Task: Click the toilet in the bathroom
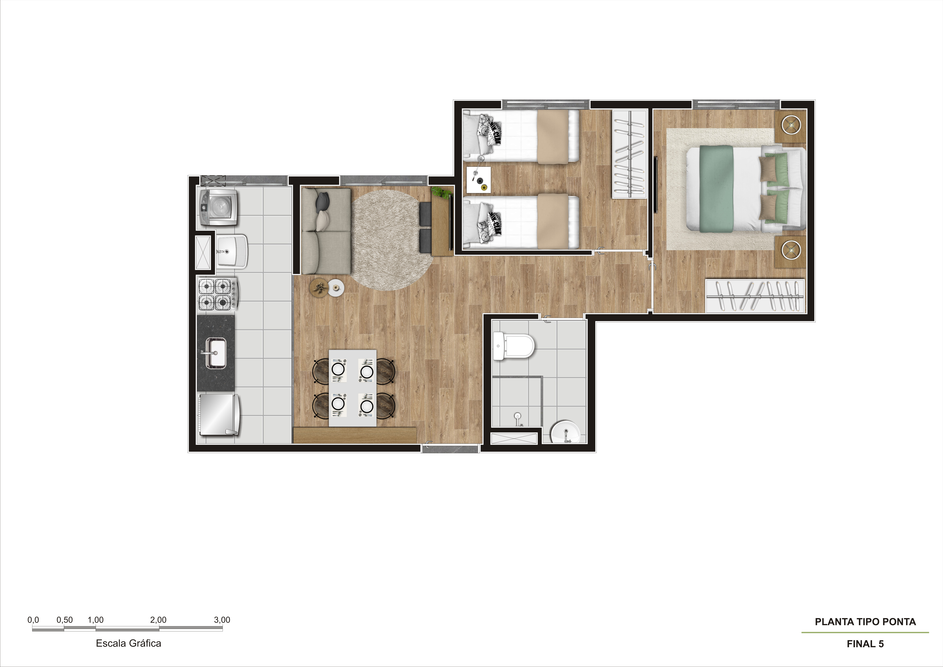coord(513,346)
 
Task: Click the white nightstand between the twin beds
coord(479,179)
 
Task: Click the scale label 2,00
coord(158,620)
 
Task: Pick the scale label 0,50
coord(64,620)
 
